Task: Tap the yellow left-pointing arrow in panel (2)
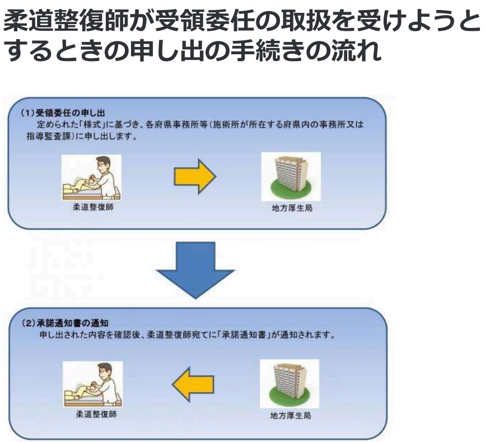pos(193,383)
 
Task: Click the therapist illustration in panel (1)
pos(91,177)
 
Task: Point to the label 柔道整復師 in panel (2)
pos(92,416)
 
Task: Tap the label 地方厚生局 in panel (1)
pos(290,209)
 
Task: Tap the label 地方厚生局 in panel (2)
pos(290,416)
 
